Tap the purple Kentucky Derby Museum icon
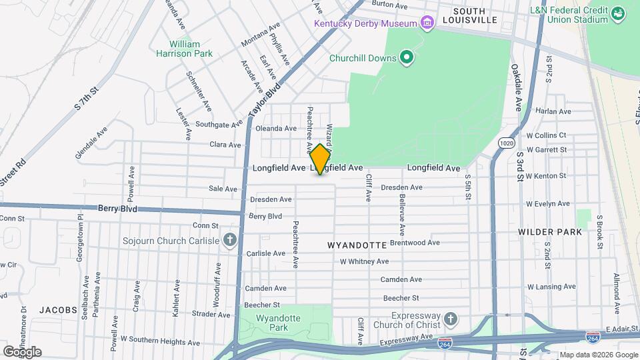click(427, 23)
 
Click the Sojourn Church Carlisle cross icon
click(230, 240)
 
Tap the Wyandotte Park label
click(284, 323)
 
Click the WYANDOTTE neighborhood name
click(357, 245)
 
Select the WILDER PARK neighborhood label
click(549, 232)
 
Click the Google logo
click(22, 351)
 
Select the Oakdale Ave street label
click(517, 87)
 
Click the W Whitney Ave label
click(364, 261)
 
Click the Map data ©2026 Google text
click(597, 354)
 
